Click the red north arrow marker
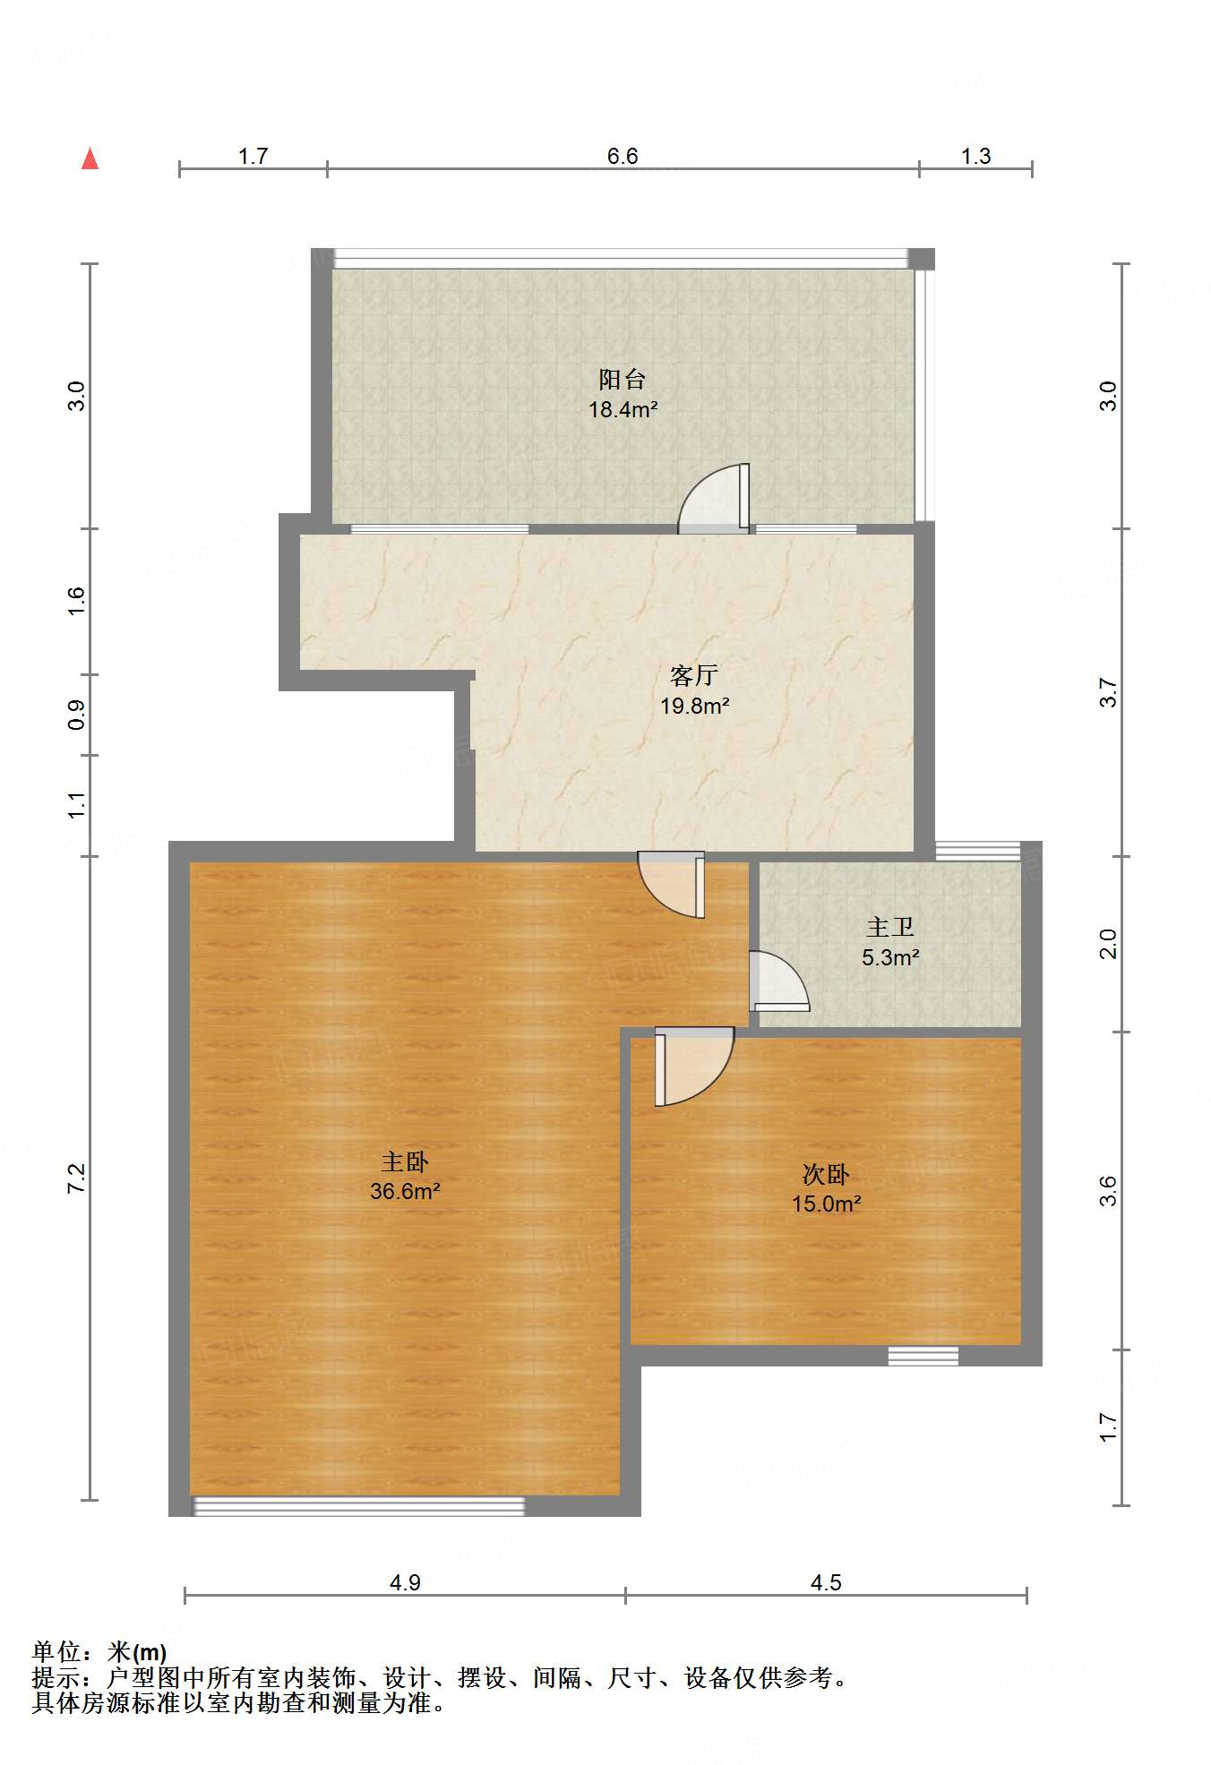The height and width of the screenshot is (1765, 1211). pyautogui.click(x=90, y=159)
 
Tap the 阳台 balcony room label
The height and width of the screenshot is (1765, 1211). pyautogui.click(x=623, y=380)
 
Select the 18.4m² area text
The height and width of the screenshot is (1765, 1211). pyautogui.click(x=623, y=410)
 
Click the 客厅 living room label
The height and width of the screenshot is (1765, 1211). pyautogui.click(x=694, y=675)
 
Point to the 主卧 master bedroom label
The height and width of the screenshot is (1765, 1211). pyautogui.click(x=405, y=1161)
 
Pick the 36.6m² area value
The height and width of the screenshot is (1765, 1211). pyautogui.click(x=405, y=1191)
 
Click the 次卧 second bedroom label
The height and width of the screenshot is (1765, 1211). pyautogui.click(x=826, y=1173)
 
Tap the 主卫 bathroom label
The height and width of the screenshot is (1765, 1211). pyautogui.click(x=890, y=927)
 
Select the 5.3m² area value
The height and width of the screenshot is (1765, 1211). pyautogui.click(x=891, y=957)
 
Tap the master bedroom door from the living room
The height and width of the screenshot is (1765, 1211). pyautogui.click(x=672, y=884)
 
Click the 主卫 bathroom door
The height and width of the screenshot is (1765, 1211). pyautogui.click(x=779, y=981)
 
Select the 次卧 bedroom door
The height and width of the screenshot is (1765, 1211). pyautogui.click(x=694, y=1067)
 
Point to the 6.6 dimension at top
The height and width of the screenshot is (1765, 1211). pyautogui.click(x=623, y=156)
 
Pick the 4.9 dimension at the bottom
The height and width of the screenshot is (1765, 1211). pyautogui.click(x=405, y=1582)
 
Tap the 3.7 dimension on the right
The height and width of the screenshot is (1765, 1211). pyautogui.click(x=1109, y=692)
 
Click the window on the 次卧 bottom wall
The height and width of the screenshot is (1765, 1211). pyautogui.click(x=923, y=1356)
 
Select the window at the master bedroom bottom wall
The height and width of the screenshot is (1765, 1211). pyautogui.click(x=359, y=1506)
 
